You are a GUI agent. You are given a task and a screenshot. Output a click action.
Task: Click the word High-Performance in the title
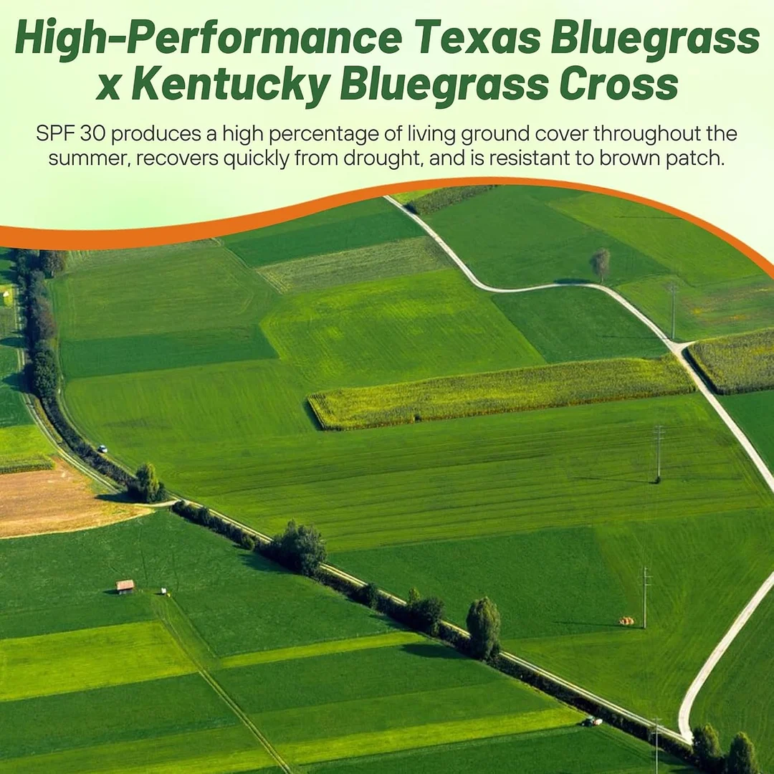pos(208,40)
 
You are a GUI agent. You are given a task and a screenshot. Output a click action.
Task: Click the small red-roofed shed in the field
pos(125,586)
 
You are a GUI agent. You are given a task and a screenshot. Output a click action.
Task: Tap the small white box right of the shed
pos(165,591)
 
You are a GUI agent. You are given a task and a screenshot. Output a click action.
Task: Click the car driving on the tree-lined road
pos(102,449)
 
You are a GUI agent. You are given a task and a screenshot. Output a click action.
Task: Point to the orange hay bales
pos(626,621)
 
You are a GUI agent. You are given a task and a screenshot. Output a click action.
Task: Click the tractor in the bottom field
pos(592,721)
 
